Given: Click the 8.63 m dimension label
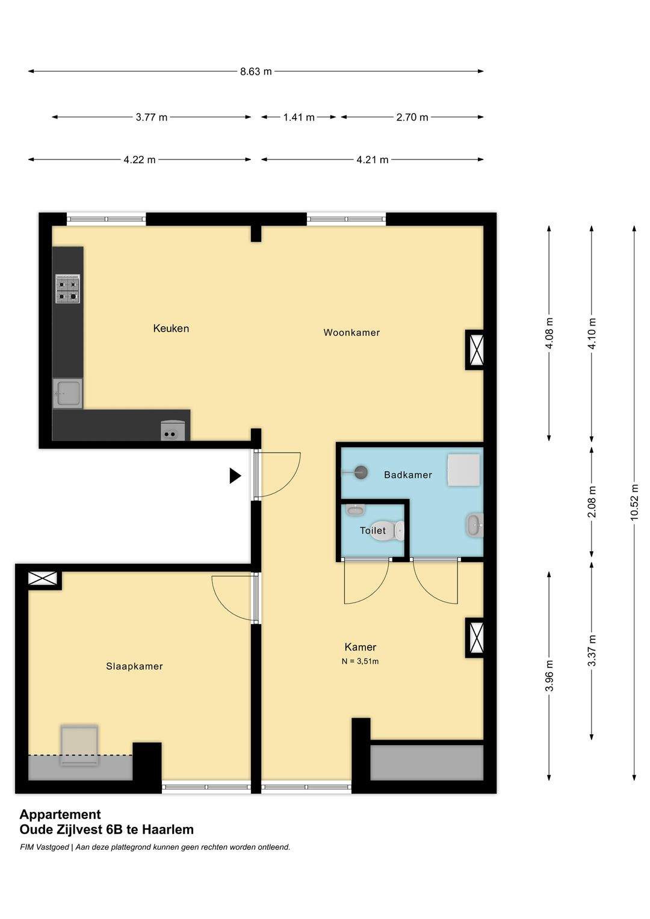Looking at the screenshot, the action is click(x=256, y=72).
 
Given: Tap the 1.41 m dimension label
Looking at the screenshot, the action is click(x=299, y=117).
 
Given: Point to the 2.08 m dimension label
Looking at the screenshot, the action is click(x=592, y=502).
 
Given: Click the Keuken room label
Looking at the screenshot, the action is click(x=171, y=328).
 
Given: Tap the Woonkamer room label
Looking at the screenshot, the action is click(x=351, y=332).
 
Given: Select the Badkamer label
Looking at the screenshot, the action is click(x=408, y=475).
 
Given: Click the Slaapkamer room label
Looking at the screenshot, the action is click(x=135, y=666).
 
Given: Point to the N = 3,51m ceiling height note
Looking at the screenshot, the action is click(x=360, y=661).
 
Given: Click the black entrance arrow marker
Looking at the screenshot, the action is click(x=235, y=476).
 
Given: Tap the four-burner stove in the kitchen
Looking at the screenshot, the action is click(x=67, y=288).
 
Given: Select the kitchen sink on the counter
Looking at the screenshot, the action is click(x=67, y=393).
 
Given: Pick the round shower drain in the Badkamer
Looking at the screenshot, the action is click(x=361, y=472).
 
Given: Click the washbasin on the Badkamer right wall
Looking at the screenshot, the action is click(x=475, y=525).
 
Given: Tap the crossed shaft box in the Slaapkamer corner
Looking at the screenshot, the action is click(x=43, y=579).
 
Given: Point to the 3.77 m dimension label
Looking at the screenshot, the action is click(x=152, y=117).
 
